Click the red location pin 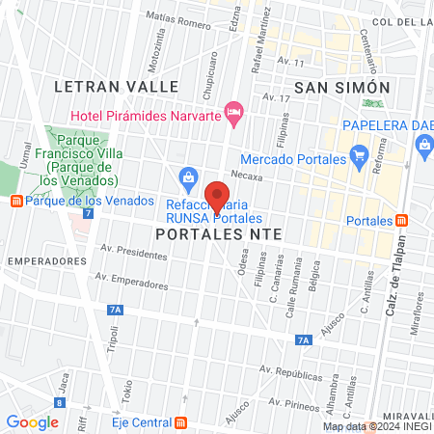coord(217,196)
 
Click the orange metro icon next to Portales coord(401,220)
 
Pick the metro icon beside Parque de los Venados coord(15,201)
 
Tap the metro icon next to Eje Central coord(181,422)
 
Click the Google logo coord(32,421)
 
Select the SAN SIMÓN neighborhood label coord(341,88)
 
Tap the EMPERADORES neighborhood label coord(41,261)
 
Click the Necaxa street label coord(247,177)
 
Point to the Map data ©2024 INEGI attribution coord(375,426)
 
